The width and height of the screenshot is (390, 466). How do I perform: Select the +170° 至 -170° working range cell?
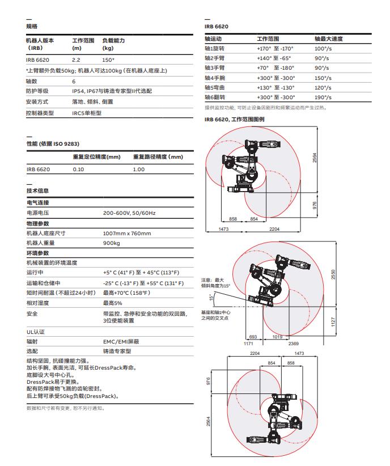(275, 49)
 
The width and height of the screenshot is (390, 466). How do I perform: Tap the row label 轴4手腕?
(216, 78)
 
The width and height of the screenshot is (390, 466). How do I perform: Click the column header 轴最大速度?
(329, 39)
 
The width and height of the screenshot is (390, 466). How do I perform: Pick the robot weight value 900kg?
(112, 243)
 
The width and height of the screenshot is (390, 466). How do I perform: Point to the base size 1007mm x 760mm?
(127, 233)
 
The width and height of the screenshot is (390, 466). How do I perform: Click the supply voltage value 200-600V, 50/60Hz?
(129, 213)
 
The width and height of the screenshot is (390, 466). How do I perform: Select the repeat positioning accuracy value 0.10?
(78, 169)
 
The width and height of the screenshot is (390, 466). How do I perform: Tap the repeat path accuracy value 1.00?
(139, 169)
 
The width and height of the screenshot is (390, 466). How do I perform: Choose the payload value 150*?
(108, 60)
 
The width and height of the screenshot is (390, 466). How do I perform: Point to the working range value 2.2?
(76, 60)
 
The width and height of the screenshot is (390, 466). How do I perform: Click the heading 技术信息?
(37, 190)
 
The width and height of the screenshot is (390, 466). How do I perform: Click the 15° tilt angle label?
(211, 297)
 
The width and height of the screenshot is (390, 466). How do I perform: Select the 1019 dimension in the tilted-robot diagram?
(277, 337)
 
